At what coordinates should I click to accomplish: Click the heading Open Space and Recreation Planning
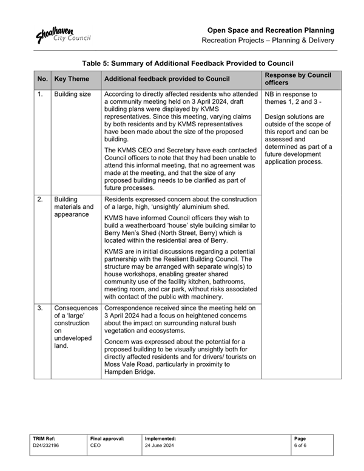tap(271, 30)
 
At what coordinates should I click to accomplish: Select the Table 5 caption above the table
tap(187, 63)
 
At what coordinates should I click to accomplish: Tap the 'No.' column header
tap(42, 79)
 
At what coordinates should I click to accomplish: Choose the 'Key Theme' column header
tap(71, 79)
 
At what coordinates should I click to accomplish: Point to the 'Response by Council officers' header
tap(297, 79)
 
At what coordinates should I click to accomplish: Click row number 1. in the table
tap(40, 95)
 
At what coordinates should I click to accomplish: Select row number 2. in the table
tap(40, 199)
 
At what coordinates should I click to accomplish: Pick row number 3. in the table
tap(40, 308)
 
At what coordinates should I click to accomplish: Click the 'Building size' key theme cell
tap(72, 95)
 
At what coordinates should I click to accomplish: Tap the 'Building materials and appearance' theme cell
tap(73, 206)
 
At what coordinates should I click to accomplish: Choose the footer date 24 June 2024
tap(160, 445)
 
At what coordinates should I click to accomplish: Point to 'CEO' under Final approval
tap(95, 445)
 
